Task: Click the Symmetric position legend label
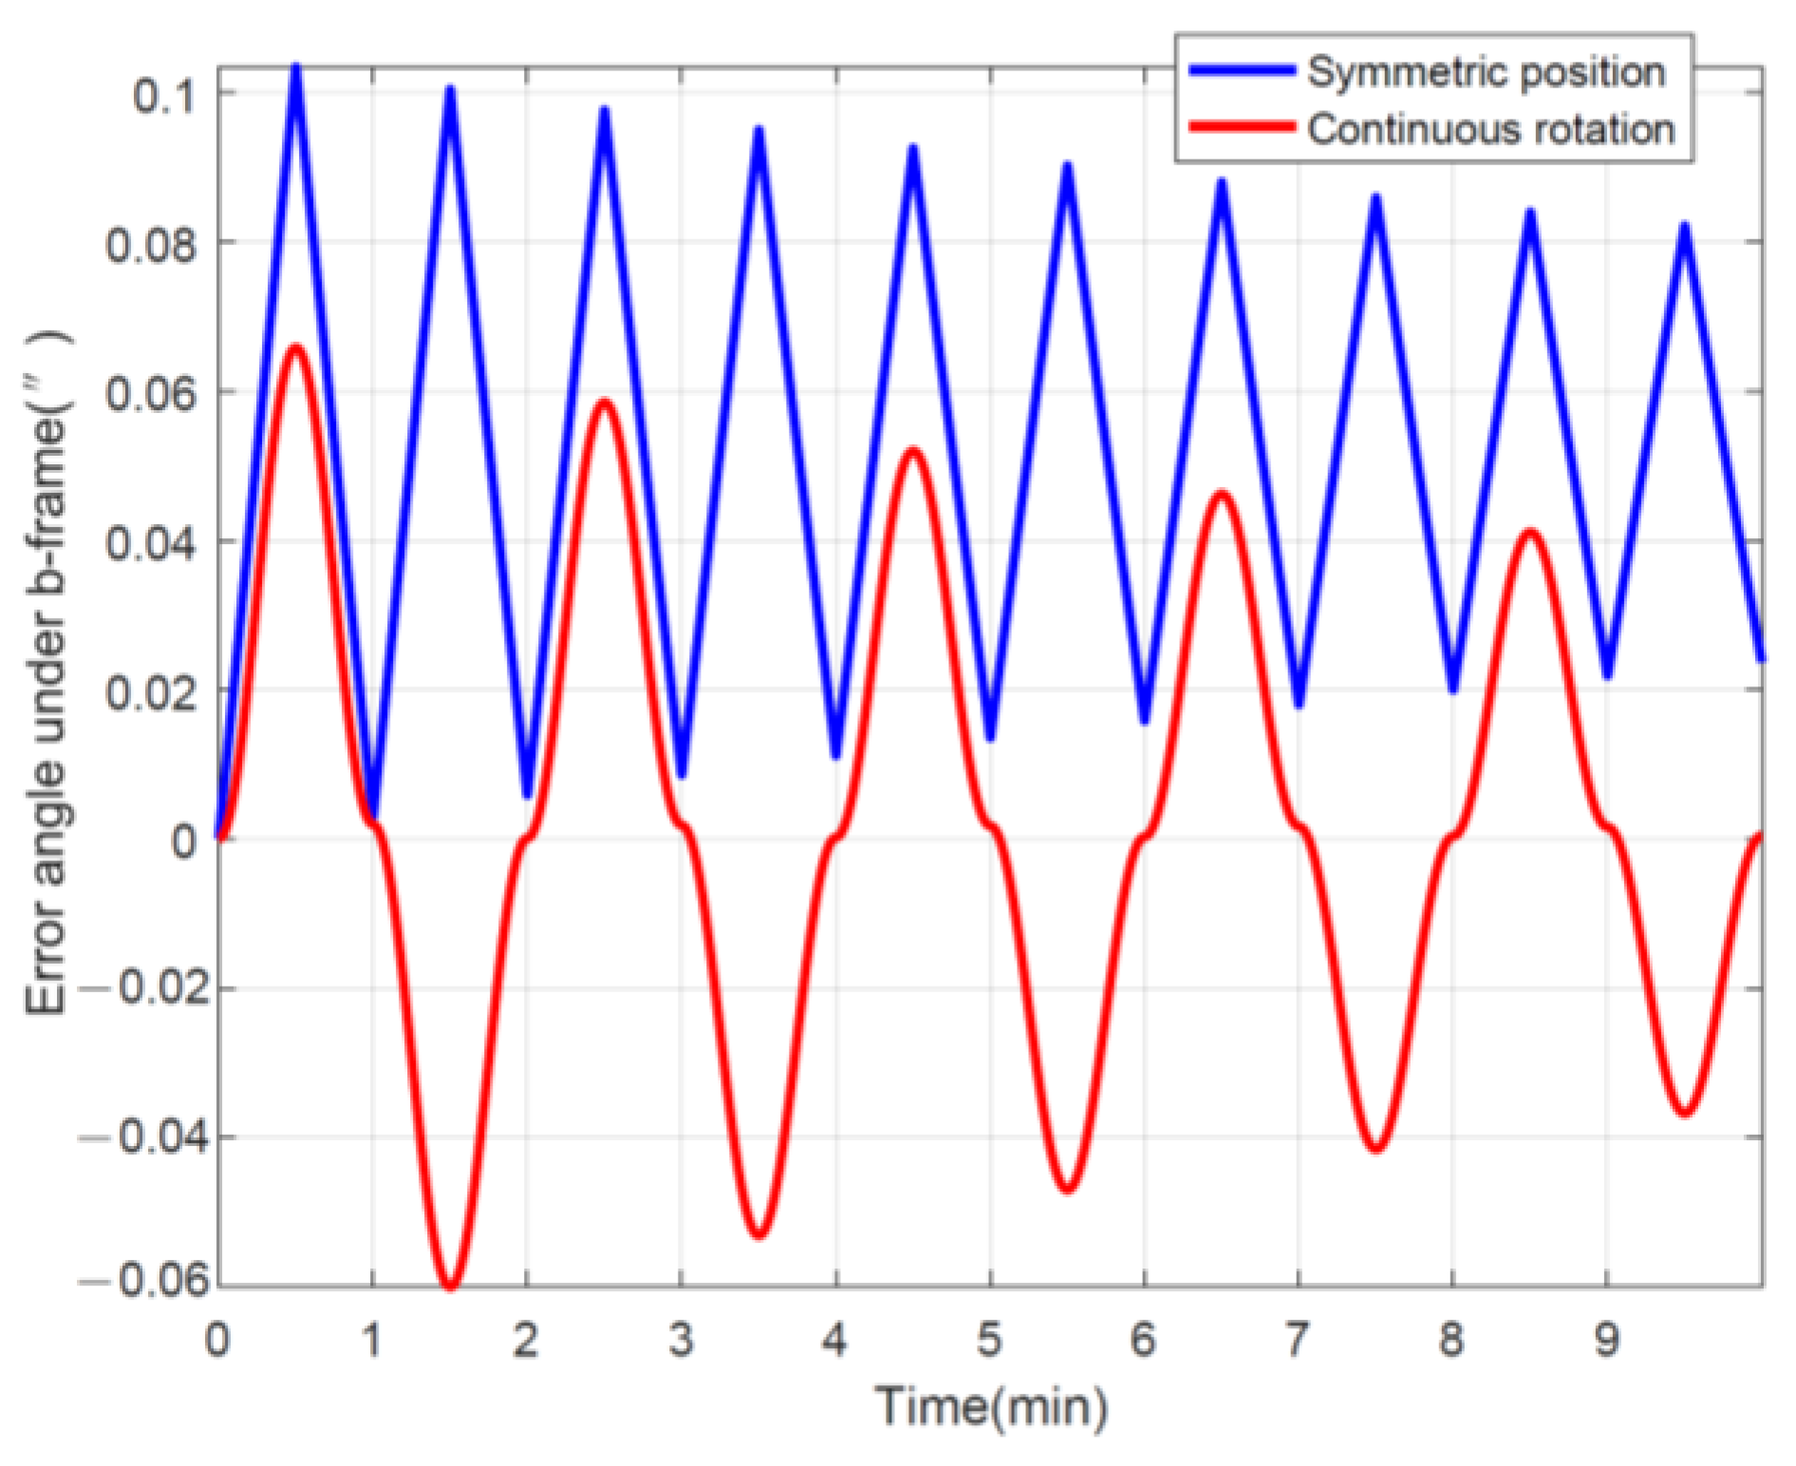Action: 1486,72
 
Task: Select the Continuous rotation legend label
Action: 1490,129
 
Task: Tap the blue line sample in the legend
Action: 1241,71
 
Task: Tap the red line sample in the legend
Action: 1241,127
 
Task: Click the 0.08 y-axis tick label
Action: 151,245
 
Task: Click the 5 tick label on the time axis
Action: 989,1340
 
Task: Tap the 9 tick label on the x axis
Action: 1606,1340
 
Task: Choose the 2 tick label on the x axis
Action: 526,1340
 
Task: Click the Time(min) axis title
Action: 991,1406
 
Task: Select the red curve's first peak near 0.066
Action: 296,348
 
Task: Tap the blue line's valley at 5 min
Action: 990,737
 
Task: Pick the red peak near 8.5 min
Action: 1530,534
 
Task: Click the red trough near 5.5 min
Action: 1068,1187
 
